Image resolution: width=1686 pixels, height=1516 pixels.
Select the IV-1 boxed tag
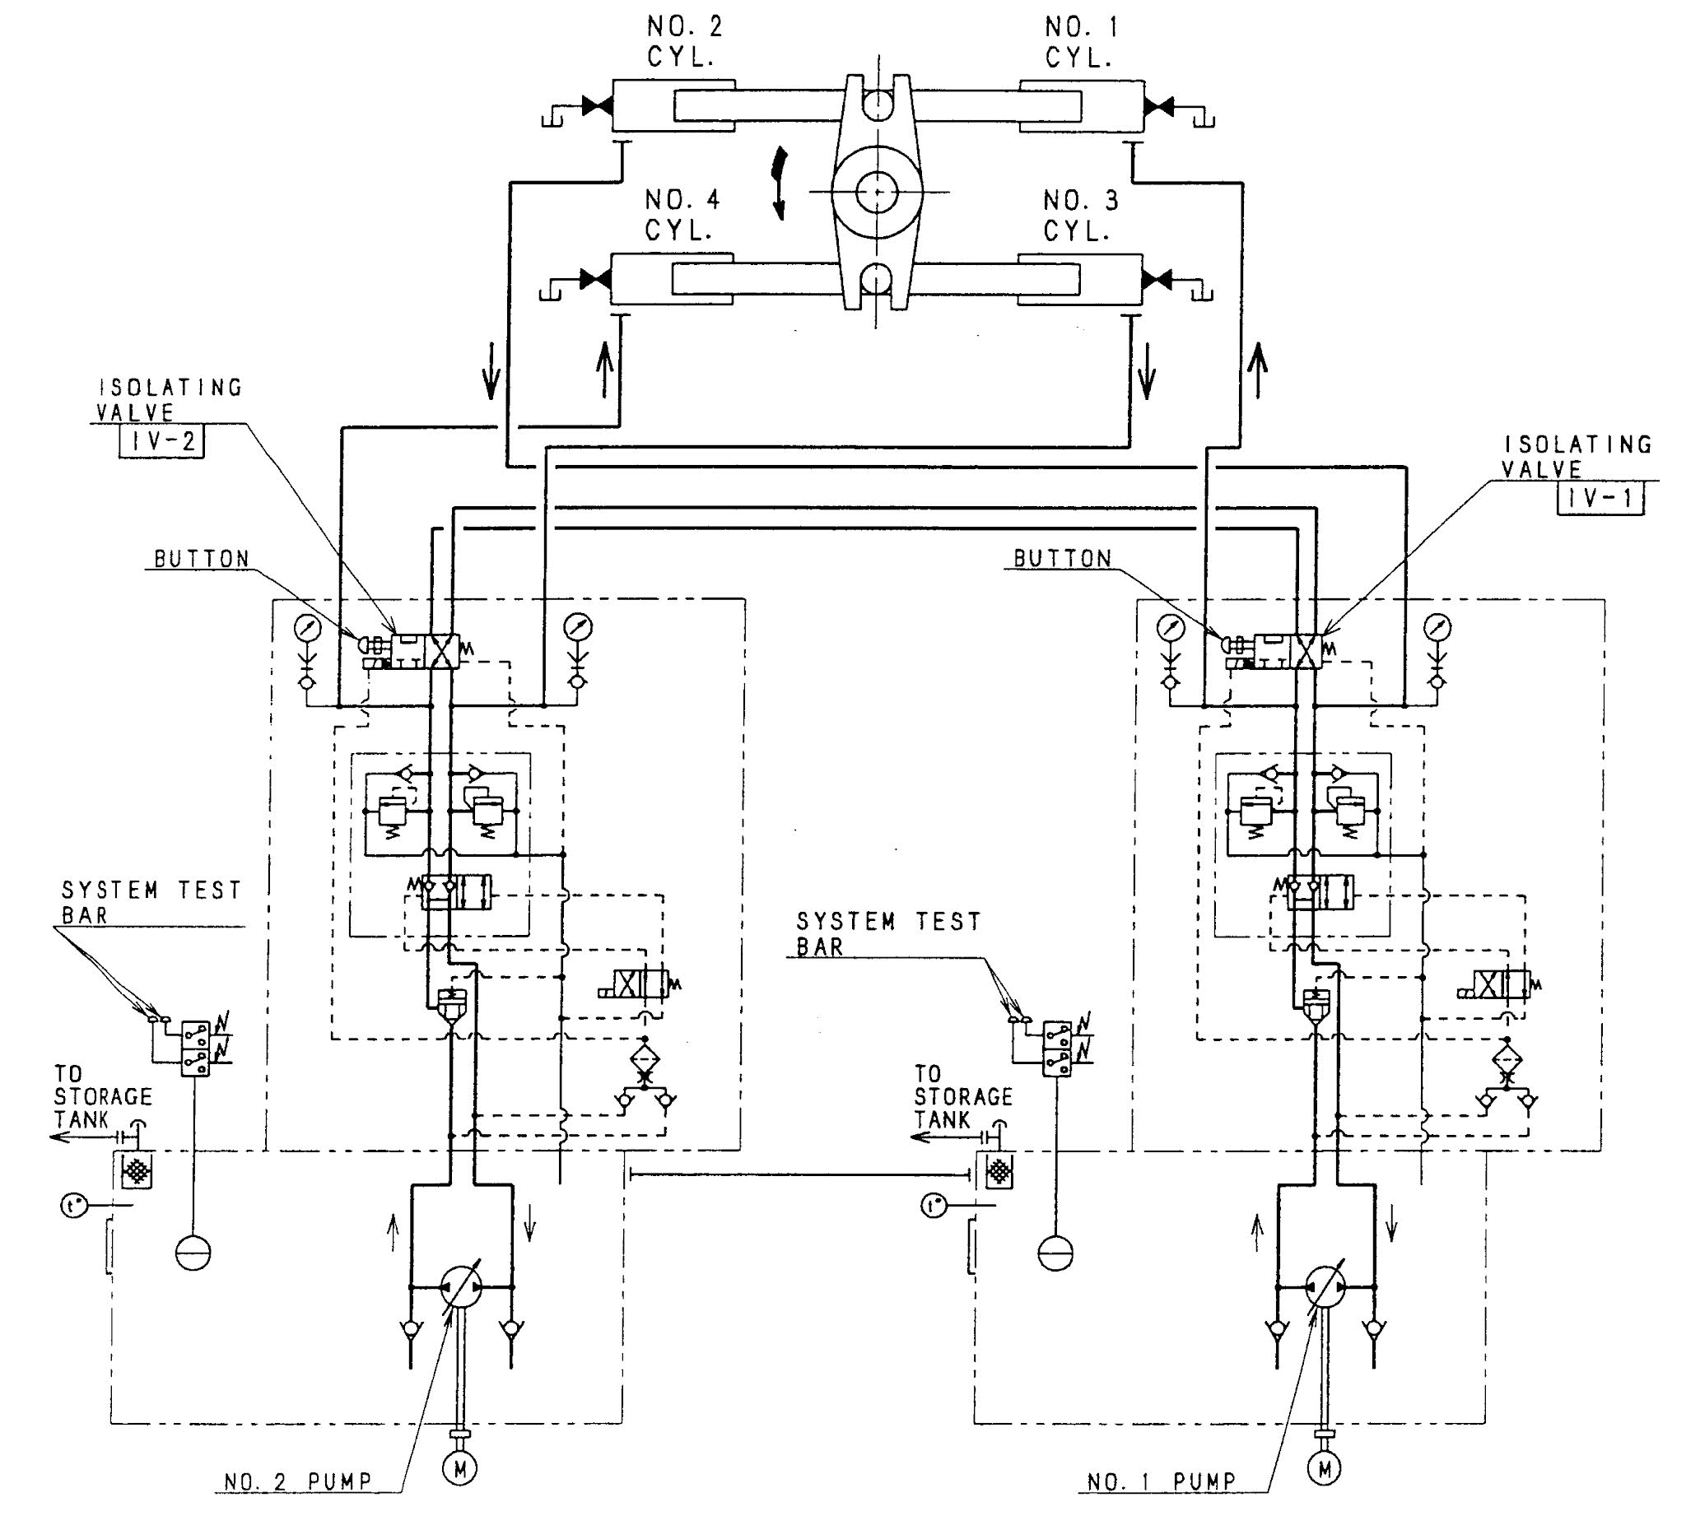[x=1600, y=499]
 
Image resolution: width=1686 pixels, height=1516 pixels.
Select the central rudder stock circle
[x=876, y=191]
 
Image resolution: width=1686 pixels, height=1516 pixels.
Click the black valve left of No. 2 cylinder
[x=596, y=106]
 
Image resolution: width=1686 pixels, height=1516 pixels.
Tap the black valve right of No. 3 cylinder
[x=1157, y=280]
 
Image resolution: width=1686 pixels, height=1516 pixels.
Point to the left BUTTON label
[x=203, y=559]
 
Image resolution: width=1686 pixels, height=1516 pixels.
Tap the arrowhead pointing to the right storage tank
[x=918, y=1138]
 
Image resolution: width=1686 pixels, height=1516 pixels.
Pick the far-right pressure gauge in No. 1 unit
[x=1437, y=626]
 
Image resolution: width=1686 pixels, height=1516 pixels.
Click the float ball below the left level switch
[x=193, y=1252]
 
